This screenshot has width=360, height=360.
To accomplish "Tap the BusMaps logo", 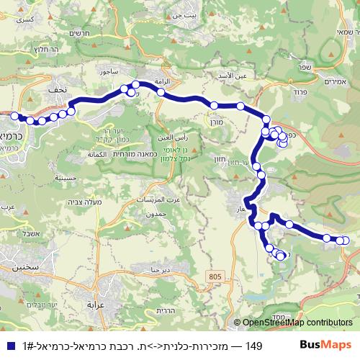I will coord(326,346).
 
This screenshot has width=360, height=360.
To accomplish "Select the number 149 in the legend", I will coord(253,346).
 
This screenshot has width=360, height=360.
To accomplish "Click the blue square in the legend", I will coord(9,346).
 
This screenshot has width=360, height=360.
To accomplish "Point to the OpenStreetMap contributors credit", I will coord(293,323).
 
